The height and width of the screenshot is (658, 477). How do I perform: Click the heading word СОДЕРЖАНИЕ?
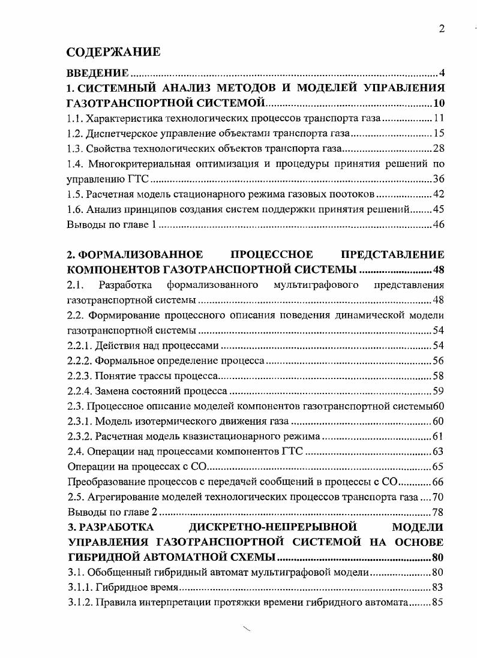click(x=113, y=52)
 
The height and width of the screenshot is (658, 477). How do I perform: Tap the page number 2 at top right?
click(x=442, y=29)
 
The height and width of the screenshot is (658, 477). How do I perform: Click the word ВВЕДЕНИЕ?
click(x=97, y=73)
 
